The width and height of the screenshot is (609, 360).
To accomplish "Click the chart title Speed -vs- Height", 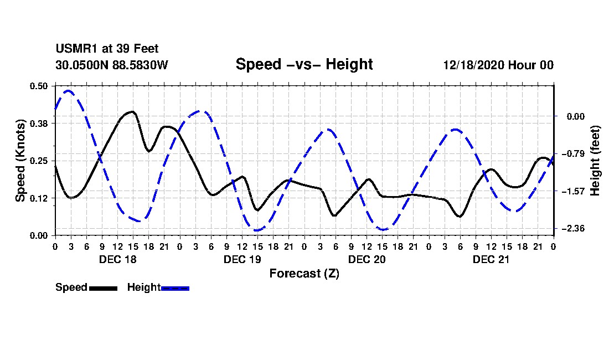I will click(304, 64).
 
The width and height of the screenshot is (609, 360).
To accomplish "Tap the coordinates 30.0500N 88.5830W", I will click(111, 65).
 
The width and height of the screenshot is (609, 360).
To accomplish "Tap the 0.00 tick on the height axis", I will click(571, 116).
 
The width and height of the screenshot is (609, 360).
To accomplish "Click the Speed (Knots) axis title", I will click(20, 160).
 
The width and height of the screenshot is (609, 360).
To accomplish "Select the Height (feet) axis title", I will click(595, 161).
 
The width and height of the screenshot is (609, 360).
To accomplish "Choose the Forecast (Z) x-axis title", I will click(304, 274).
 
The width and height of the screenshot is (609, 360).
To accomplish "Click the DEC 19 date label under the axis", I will click(241, 259).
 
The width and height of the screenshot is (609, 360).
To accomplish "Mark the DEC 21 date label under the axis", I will click(491, 259).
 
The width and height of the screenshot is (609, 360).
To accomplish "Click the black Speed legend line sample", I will click(103, 288).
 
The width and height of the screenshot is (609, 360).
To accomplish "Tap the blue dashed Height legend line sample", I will click(175, 288).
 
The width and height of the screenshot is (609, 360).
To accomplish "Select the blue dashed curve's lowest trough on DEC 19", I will click(257, 230).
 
